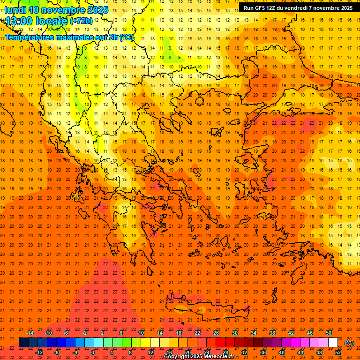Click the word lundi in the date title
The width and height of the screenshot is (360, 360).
(15, 10)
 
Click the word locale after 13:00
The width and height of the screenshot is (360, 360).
(52, 21)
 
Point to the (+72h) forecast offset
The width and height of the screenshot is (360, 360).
(81, 21)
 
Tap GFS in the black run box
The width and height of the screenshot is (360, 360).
(259, 7)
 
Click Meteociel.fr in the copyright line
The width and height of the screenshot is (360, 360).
(222, 357)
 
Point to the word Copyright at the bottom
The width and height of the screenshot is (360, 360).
(177, 357)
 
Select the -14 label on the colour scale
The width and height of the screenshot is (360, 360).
(30, 333)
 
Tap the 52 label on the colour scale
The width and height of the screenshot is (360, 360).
(338, 352)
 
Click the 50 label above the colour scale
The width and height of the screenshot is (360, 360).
(329, 333)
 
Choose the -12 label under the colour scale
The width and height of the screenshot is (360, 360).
(39, 352)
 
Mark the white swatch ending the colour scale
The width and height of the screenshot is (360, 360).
(333, 343)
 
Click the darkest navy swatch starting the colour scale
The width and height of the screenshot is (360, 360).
(23, 343)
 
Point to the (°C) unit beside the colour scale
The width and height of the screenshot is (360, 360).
(349, 343)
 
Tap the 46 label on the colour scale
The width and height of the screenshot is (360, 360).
(310, 333)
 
